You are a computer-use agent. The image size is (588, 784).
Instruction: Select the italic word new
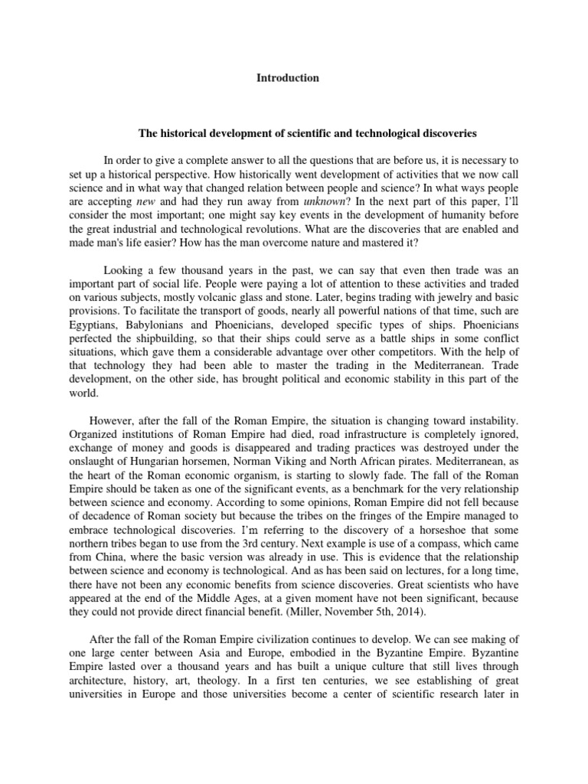pos(145,201)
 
